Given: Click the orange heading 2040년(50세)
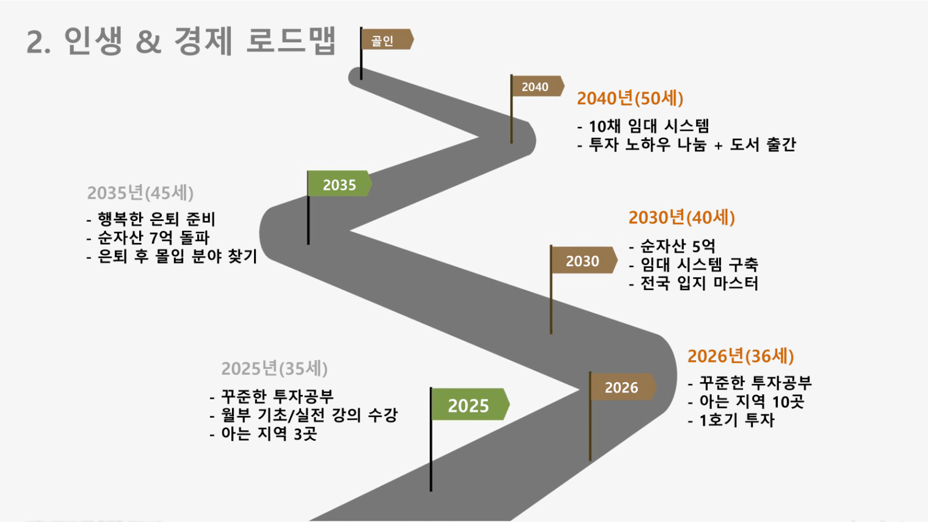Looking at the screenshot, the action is (629, 99).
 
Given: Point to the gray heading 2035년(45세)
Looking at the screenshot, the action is (140, 193).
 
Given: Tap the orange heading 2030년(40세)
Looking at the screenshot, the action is (681, 217).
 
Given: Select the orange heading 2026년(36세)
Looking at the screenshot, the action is (741, 356).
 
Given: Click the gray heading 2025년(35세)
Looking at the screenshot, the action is (274, 368).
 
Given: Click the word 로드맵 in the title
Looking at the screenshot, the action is (291, 40).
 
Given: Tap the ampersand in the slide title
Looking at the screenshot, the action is (148, 42).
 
